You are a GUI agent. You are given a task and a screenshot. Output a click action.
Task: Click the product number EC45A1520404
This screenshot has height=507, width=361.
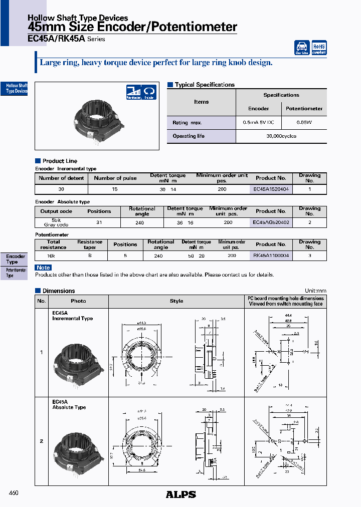click(270, 189)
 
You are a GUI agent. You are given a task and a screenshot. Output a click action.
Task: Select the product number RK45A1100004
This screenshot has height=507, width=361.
click(270, 256)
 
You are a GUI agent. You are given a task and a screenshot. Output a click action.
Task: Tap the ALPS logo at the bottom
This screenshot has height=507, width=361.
click(180, 494)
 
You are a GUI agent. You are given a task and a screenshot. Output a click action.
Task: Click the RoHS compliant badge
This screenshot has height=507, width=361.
click(319, 48)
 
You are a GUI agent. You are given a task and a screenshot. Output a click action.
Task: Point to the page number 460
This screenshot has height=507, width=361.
click(14, 493)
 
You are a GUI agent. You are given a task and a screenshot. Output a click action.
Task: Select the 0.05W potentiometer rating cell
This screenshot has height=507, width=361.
click(304, 122)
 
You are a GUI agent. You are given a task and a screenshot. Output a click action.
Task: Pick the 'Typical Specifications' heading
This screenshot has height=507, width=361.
click(204, 85)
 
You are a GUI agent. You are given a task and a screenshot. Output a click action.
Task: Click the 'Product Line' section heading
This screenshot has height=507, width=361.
click(60, 161)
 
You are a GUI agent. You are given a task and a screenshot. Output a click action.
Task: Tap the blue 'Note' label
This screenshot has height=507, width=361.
click(44, 268)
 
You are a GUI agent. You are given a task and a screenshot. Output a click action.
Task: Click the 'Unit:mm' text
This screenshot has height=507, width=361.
click(315, 291)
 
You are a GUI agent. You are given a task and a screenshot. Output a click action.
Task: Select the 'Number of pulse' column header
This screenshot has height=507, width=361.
click(115, 178)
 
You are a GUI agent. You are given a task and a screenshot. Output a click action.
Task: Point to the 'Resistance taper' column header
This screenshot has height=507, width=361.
click(90, 244)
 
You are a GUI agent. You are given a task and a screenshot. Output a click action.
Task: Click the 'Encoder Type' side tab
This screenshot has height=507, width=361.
click(15, 259)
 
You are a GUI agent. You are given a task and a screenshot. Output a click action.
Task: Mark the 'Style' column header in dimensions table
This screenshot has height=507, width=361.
click(176, 301)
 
